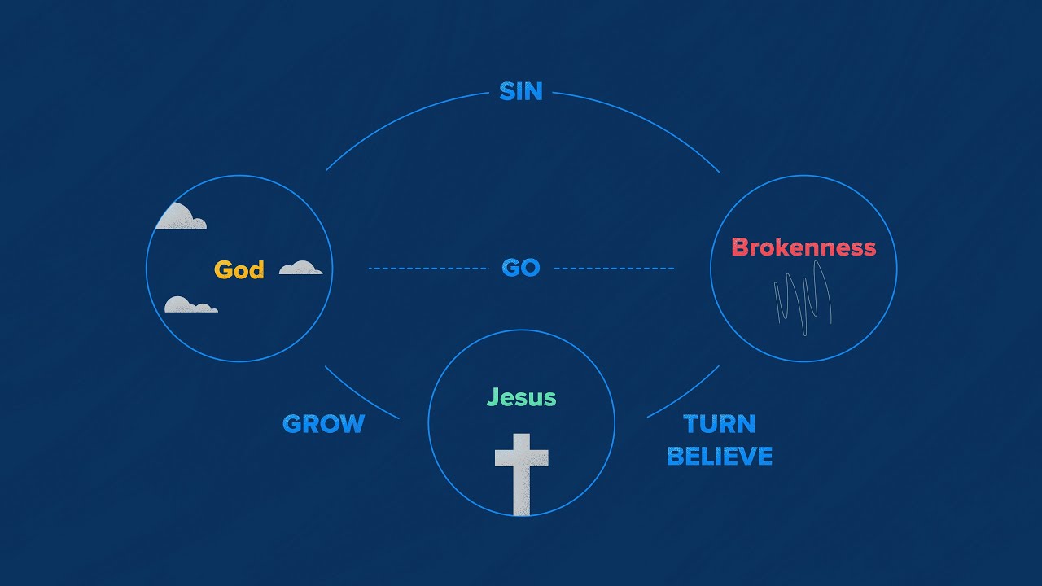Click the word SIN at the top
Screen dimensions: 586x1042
(x=521, y=91)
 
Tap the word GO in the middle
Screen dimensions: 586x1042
(x=521, y=268)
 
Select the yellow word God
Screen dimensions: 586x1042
(x=239, y=269)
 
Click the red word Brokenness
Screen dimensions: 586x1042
(x=803, y=247)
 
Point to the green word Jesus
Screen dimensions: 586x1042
(x=521, y=398)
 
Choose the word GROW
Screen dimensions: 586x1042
(x=323, y=424)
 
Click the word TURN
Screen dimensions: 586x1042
(x=720, y=424)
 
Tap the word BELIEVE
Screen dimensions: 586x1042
(x=720, y=456)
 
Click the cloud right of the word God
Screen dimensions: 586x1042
(x=300, y=268)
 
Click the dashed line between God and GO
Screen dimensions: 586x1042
(x=427, y=268)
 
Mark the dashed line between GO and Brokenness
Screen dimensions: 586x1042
(x=614, y=268)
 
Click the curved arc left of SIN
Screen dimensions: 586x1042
(x=399, y=119)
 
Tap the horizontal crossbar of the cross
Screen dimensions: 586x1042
(x=522, y=456)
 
